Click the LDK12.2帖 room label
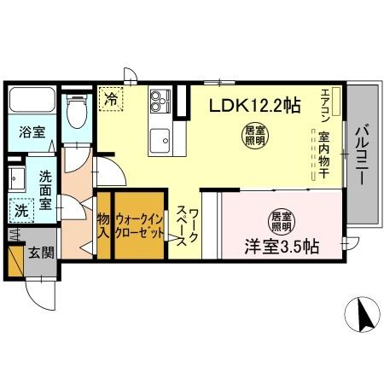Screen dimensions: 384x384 coord(255,107)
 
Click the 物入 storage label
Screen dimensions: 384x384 coord(103,227)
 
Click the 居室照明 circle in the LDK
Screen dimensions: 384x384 coord(254,135)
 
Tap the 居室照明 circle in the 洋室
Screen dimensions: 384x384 coord(281,221)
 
